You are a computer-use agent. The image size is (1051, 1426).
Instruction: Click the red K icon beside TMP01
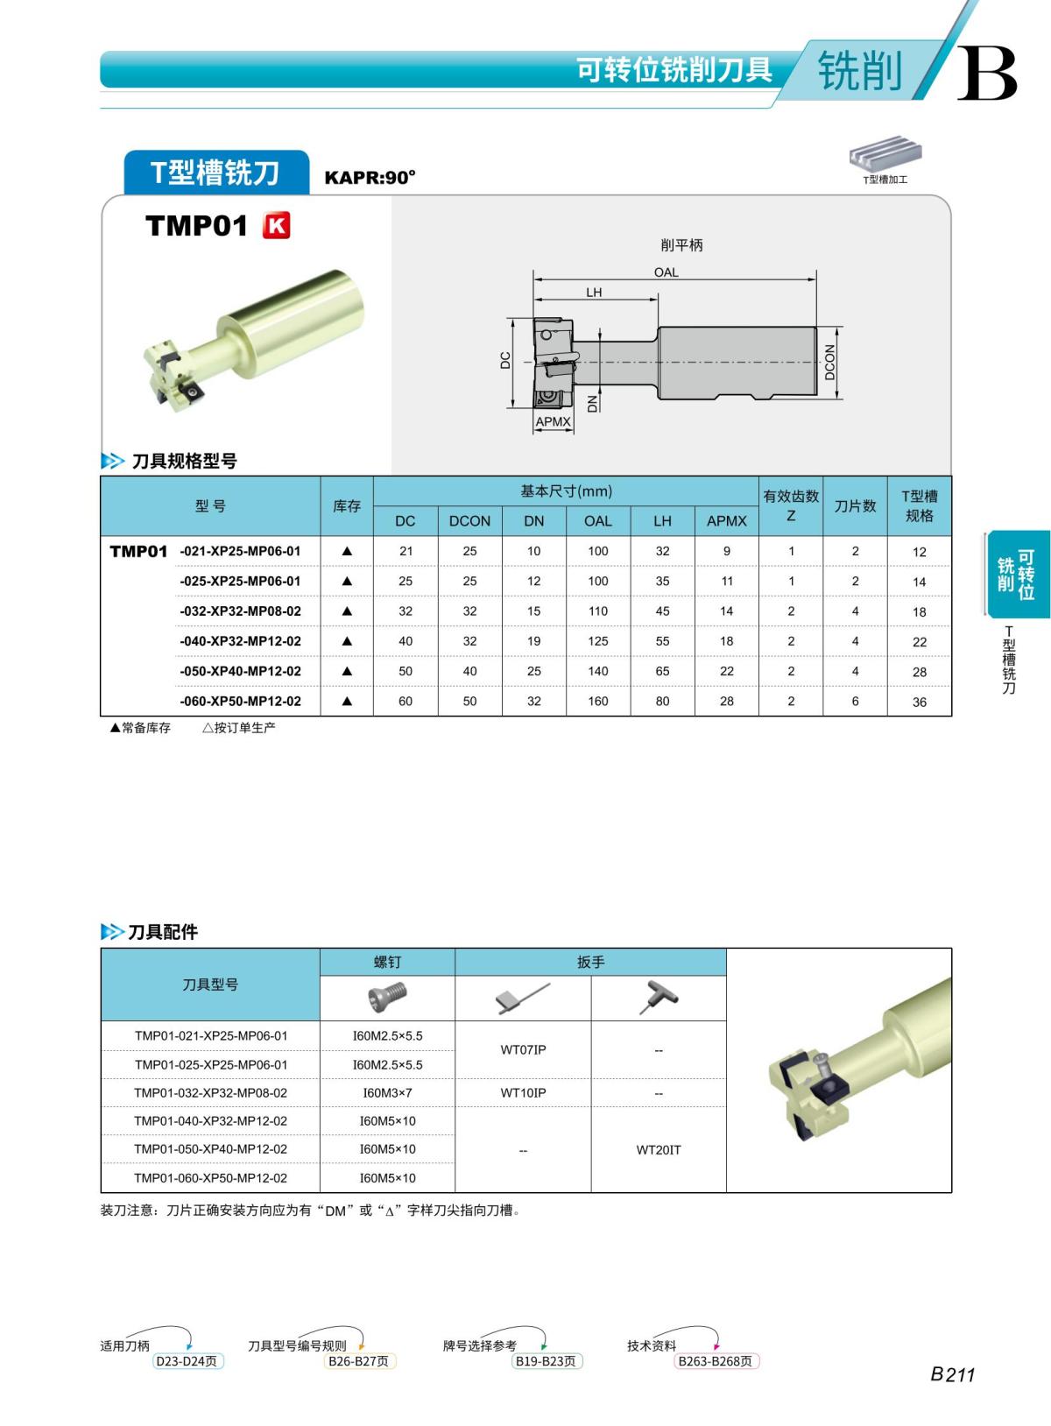click(x=276, y=226)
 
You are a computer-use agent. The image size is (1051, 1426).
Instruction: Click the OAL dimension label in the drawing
click(x=666, y=272)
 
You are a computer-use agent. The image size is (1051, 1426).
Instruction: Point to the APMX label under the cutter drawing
click(x=553, y=421)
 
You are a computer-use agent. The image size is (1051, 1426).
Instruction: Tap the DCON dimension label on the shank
click(x=829, y=362)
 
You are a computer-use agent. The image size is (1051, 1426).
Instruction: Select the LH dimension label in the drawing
click(x=594, y=293)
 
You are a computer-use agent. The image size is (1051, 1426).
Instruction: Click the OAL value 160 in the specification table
click(x=598, y=701)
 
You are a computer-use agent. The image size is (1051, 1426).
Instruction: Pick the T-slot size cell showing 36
click(x=919, y=702)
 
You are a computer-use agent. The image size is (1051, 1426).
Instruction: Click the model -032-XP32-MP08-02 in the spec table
click(x=240, y=611)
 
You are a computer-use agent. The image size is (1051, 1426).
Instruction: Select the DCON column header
click(x=469, y=520)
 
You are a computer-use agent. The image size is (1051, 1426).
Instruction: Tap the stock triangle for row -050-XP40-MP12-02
click(x=347, y=671)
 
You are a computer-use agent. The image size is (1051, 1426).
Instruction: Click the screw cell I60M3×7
click(x=387, y=1092)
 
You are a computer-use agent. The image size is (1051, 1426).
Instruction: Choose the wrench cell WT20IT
click(x=658, y=1149)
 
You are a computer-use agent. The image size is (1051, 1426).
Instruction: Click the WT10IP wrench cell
click(x=523, y=1092)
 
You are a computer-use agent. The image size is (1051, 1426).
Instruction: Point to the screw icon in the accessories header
click(x=388, y=997)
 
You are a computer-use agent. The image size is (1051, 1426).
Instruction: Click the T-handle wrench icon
click(x=659, y=998)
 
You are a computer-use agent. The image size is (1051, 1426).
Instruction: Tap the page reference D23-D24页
click(x=186, y=1361)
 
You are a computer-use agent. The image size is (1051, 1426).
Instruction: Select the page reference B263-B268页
click(x=715, y=1361)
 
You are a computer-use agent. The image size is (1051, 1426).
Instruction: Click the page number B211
click(x=952, y=1374)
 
